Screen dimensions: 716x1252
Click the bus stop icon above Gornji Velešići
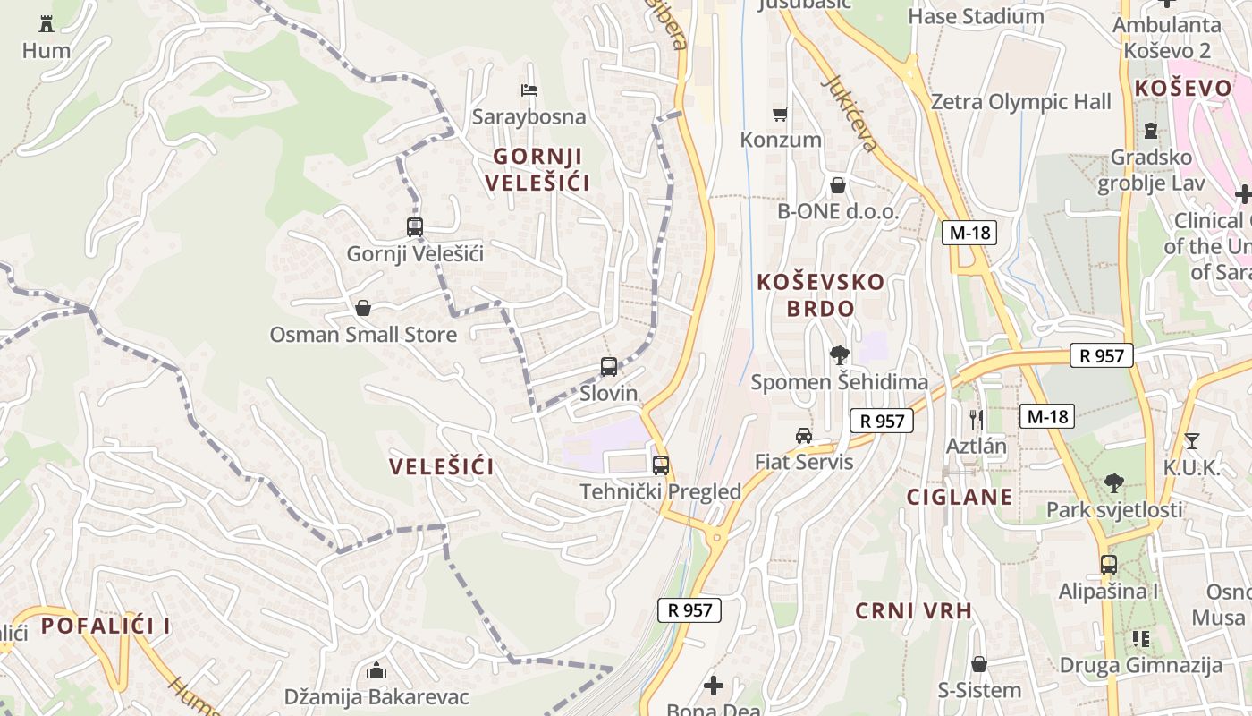pos(414,227)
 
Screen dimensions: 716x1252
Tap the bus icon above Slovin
pos(609,366)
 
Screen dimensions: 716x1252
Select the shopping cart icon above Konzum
pos(781,114)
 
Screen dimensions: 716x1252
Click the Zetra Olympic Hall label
pos(1020,102)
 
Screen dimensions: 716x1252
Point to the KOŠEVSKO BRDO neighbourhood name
pos(820,295)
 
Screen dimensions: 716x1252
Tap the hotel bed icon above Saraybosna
pos(529,90)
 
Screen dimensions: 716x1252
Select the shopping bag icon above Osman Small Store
pos(363,309)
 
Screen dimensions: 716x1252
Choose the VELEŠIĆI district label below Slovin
pos(442,467)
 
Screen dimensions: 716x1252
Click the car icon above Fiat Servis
pos(804,436)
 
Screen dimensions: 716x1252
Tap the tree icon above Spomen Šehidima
pos(839,355)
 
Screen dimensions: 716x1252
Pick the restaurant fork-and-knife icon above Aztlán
pos(977,418)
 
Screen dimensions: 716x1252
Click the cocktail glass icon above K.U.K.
pos(1191,440)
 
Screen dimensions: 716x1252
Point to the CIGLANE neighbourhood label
pos(960,498)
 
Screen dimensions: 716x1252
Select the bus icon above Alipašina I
pos(1109,565)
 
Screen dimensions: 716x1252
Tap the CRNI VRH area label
pos(913,611)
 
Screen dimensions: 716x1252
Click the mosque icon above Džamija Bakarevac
pos(376,670)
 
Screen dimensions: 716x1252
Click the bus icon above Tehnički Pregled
pos(661,465)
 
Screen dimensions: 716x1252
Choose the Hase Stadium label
pos(976,17)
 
